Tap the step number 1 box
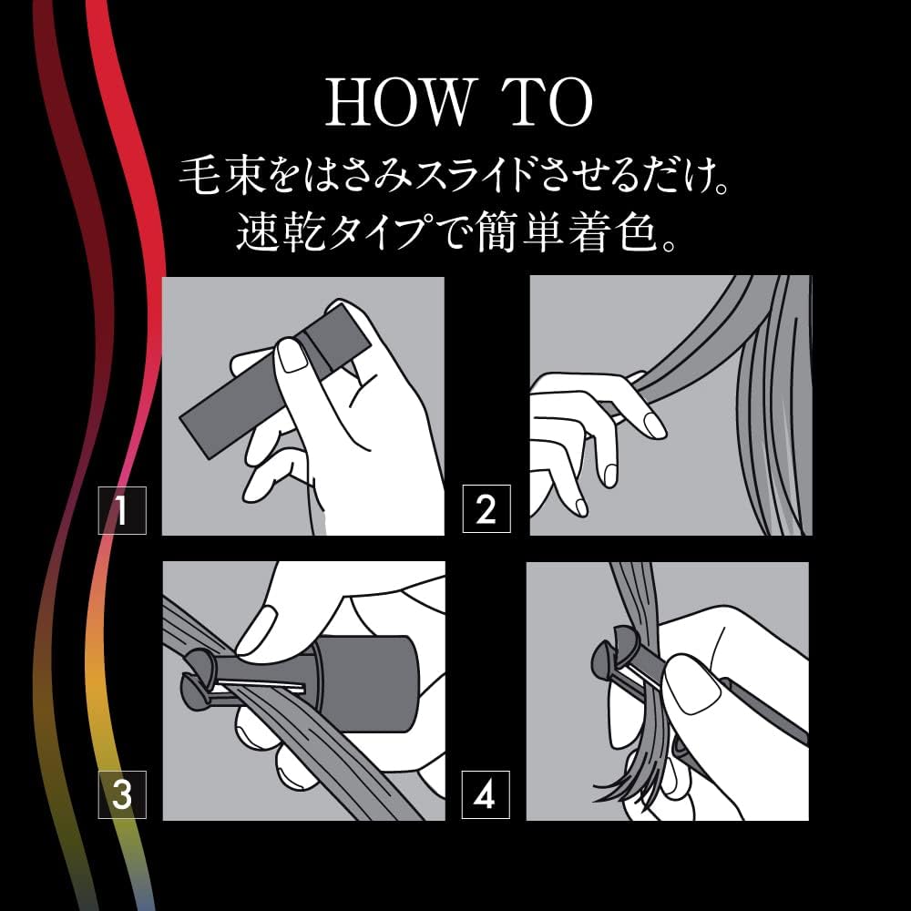122,511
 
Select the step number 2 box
486,510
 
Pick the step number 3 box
122,795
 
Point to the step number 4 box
486,796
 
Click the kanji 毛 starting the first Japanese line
200,178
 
